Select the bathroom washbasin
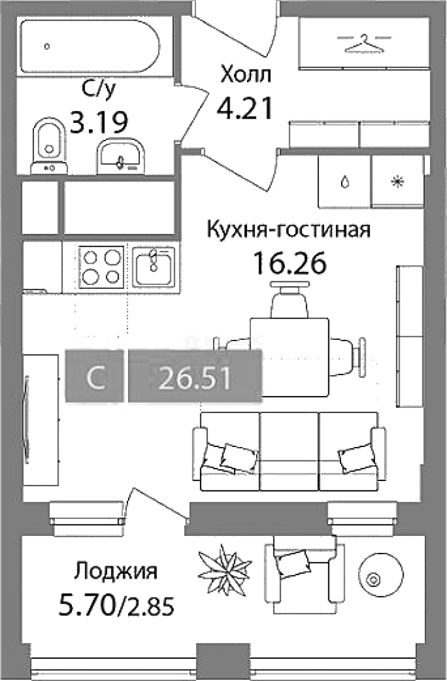click(121, 155)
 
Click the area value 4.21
click(245, 108)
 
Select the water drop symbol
click(344, 182)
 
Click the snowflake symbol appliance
click(397, 182)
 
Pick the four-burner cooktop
click(101, 267)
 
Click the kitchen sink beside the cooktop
click(153, 266)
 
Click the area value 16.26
click(289, 262)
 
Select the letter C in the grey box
click(96, 378)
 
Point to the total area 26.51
click(194, 378)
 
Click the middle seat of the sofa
click(289, 450)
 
